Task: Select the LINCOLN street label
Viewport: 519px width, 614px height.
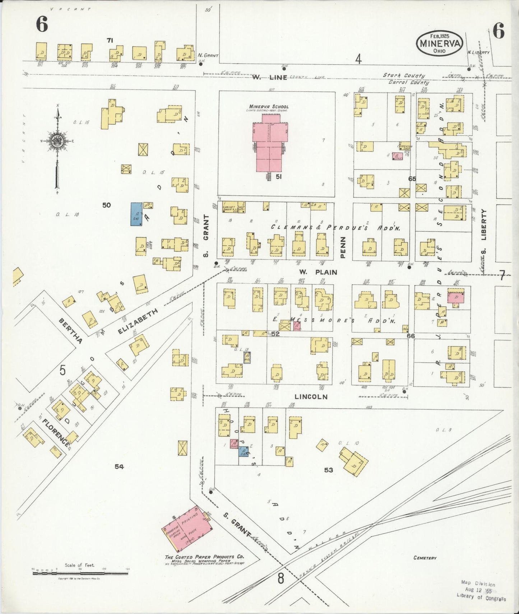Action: coord(311,397)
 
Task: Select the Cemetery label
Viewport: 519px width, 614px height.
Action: coord(425,558)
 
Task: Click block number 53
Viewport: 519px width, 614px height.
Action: coord(328,470)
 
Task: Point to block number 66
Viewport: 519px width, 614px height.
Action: coord(411,336)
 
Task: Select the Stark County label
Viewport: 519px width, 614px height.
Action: coord(403,75)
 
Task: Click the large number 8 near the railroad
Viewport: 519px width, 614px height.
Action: coord(281,578)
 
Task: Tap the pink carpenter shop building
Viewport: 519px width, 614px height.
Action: coord(397,156)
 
